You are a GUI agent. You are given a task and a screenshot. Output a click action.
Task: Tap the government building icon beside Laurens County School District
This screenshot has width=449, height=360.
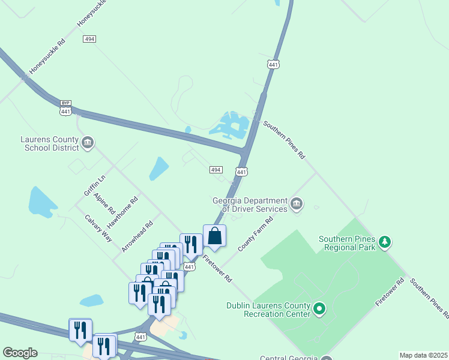click(88, 143)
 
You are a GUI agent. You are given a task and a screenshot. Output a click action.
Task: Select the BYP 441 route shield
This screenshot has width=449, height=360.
click(66, 107)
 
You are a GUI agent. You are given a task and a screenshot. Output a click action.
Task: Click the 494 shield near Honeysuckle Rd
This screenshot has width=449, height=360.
click(90, 38)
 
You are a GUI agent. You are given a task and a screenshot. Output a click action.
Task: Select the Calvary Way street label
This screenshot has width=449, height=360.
click(98, 228)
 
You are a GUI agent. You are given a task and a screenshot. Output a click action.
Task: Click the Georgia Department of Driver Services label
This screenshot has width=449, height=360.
click(255, 205)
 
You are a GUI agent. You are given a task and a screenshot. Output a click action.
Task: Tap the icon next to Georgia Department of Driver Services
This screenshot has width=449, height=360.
click(296, 205)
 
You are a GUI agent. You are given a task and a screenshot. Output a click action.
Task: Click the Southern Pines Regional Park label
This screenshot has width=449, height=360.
click(347, 242)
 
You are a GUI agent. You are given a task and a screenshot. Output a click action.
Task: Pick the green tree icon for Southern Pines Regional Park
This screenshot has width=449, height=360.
click(384, 242)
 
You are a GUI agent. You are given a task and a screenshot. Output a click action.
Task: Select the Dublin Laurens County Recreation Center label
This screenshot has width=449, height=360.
click(268, 309)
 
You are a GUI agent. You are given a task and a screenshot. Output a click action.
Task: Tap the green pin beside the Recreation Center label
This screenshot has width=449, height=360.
click(320, 310)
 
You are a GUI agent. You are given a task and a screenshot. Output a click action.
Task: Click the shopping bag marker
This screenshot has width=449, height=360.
click(215, 236)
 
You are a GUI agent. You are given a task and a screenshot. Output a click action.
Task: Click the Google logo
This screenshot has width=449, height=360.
click(20, 353)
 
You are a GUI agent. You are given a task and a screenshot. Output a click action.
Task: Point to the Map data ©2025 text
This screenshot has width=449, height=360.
click(423, 355)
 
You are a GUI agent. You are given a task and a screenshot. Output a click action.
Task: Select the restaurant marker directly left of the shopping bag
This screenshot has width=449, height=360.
click(191, 244)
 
